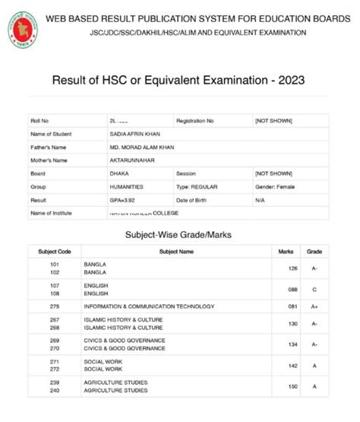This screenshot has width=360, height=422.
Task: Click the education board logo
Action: click(x=24, y=28)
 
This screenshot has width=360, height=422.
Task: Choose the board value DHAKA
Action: click(x=118, y=173)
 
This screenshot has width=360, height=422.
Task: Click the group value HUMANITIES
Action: click(x=126, y=186)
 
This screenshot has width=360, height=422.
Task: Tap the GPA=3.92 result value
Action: click(x=125, y=199)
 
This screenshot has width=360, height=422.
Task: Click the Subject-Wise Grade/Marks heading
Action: click(x=178, y=235)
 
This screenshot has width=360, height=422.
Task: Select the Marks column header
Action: click(x=286, y=251)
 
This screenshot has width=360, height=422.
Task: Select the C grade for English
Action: click(x=314, y=290)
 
